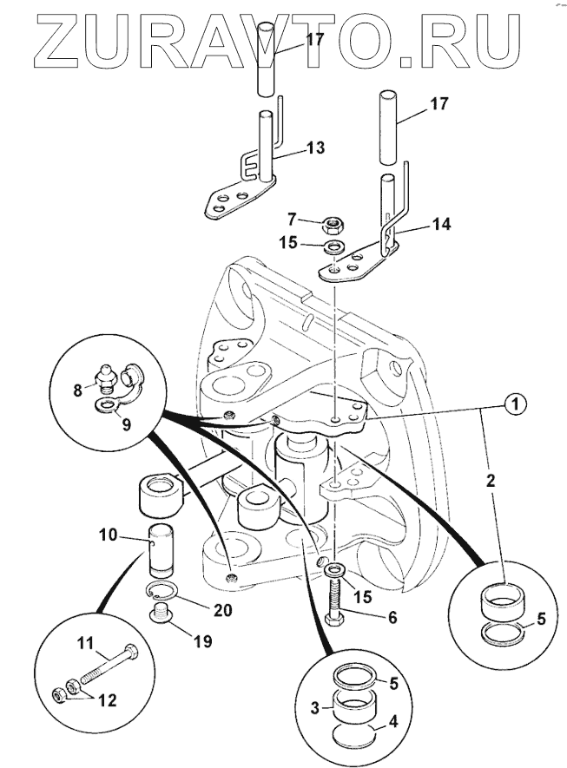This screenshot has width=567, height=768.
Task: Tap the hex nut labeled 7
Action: click(x=330, y=226)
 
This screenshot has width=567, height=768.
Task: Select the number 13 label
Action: click(x=315, y=148)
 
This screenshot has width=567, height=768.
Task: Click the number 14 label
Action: click(x=442, y=224)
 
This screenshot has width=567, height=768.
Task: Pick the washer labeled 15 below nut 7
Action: click(x=333, y=249)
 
